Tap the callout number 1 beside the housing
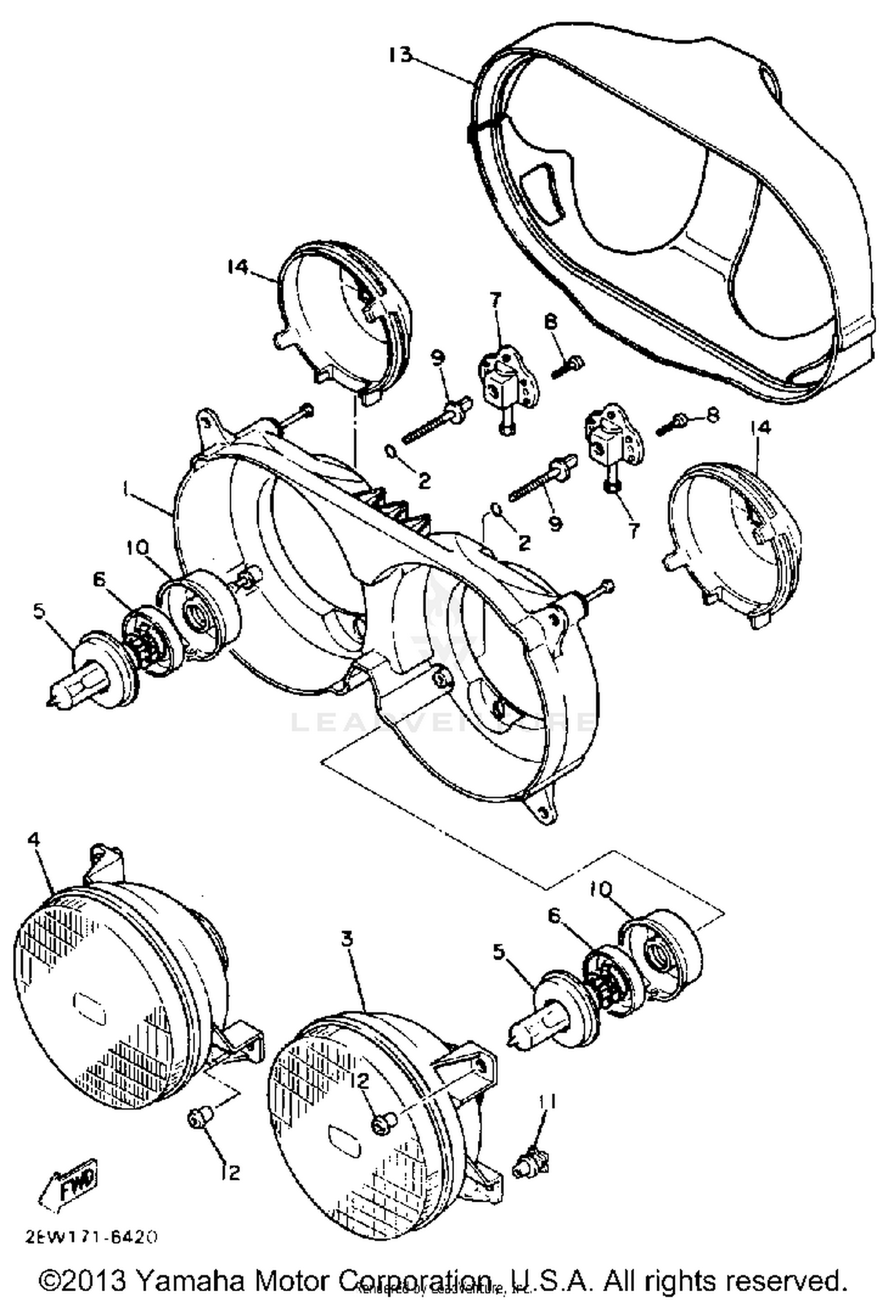point(125,489)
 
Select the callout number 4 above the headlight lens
point(36,840)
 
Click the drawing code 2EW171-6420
point(92,1237)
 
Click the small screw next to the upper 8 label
point(569,367)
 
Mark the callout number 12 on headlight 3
point(363,1081)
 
